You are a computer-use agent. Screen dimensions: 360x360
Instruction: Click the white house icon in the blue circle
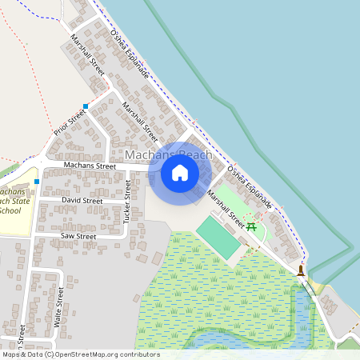180,172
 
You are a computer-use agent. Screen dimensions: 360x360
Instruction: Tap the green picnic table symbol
251,226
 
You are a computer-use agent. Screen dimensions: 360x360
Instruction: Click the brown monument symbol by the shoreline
301,270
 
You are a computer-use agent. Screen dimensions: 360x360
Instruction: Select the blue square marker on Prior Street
85,106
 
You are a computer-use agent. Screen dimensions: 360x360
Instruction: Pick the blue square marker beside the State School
37,182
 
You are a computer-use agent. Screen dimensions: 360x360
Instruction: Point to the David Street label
82,200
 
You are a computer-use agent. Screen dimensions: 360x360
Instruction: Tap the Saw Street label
78,237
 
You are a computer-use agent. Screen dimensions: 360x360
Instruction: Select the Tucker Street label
127,201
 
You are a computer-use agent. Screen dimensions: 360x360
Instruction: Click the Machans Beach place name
168,154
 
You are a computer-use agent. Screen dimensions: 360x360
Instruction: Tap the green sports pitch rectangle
218,238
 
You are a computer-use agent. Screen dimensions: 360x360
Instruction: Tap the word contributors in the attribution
138,354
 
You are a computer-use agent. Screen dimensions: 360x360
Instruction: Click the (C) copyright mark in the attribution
50,354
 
